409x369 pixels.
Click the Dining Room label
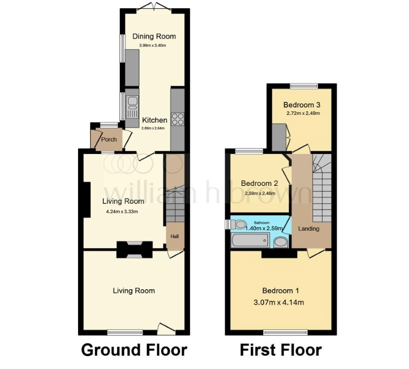pos(154,36)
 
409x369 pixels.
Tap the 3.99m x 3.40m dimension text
pos(153,45)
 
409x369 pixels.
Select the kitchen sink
pos(132,107)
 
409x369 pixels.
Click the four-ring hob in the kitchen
pos(177,119)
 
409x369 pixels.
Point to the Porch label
pos(109,139)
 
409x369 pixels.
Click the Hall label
pos(174,236)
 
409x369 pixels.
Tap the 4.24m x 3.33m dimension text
pos(122,212)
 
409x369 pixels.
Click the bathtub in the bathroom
pos(250,240)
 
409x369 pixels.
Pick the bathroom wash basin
pos(281,242)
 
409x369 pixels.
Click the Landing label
pos(308,228)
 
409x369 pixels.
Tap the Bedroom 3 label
pos(302,105)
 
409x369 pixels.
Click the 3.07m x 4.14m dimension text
pos(278,303)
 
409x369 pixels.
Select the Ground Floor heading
pos(134,350)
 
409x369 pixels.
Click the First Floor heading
pos(281,350)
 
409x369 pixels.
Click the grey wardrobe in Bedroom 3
pos(279,137)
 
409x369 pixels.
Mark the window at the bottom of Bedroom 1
pos(285,332)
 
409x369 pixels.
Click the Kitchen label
pos(155,120)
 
